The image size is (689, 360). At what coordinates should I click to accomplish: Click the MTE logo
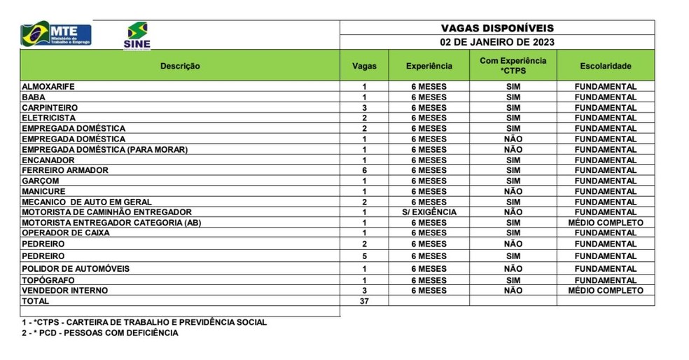[56, 34]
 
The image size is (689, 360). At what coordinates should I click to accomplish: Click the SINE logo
[137, 35]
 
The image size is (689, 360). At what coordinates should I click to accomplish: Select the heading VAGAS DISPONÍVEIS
[497, 28]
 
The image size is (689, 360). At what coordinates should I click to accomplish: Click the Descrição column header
[180, 66]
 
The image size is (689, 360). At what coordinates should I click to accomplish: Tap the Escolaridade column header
[606, 66]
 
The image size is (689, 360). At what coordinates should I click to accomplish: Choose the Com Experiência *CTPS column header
[513, 66]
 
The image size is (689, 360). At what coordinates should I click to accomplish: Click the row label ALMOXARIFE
[48, 87]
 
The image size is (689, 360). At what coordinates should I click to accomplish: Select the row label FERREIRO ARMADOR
[65, 170]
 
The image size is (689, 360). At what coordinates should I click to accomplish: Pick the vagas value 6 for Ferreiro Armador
[364, 170]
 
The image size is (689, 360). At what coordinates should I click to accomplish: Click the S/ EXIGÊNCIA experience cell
[429, 212]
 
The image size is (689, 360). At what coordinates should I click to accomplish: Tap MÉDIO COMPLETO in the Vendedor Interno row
[606, 290]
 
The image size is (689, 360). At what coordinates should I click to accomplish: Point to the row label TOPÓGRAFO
[48, 280]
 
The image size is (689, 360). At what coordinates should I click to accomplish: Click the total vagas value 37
[364, 300]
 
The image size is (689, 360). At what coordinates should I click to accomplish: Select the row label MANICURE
[43, 191]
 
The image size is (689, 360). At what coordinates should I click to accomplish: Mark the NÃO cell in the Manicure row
[513, 191]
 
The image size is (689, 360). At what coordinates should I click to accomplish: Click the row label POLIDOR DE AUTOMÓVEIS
[76, 269]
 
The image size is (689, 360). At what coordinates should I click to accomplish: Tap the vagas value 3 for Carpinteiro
[364, 108]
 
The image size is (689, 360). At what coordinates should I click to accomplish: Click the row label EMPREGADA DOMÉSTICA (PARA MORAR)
[105, 149]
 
